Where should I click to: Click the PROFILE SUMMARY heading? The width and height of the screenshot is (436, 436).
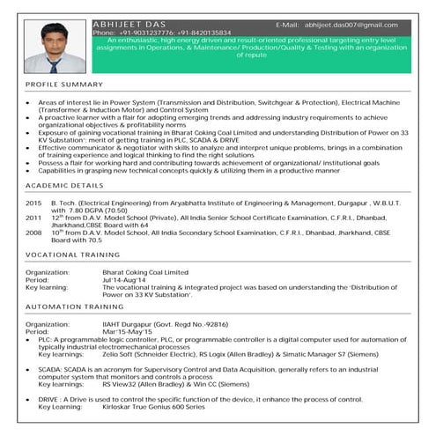pyautogui.click(x=64, y=84)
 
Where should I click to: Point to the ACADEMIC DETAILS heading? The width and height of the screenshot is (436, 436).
pyautogui.click(x=64, y=187)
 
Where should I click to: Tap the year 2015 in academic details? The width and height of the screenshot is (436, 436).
pyautogui.click(x=33, y=203)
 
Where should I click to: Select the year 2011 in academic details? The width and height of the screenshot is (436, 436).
pyautogui.click(x=33, y=217)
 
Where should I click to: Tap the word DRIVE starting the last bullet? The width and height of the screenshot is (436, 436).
pyautogui.click(x=48, y=400)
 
